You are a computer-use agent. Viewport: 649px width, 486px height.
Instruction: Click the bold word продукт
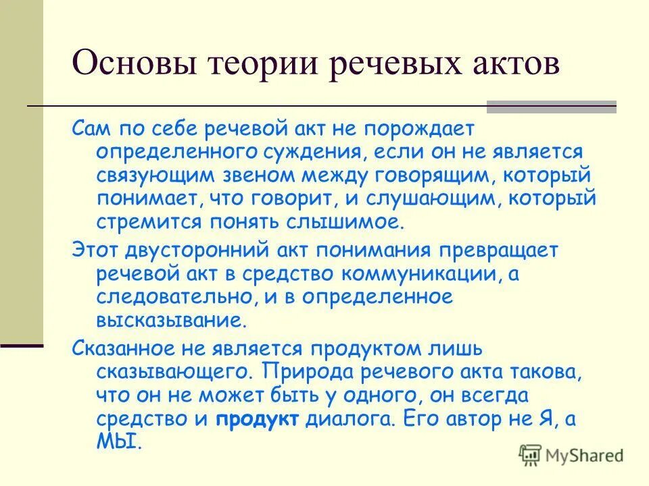(x=258, y=418)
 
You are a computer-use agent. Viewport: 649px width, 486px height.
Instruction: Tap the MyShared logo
(x=571, y=454)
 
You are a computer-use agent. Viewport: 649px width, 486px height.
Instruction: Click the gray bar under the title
(x=552, y=106)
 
